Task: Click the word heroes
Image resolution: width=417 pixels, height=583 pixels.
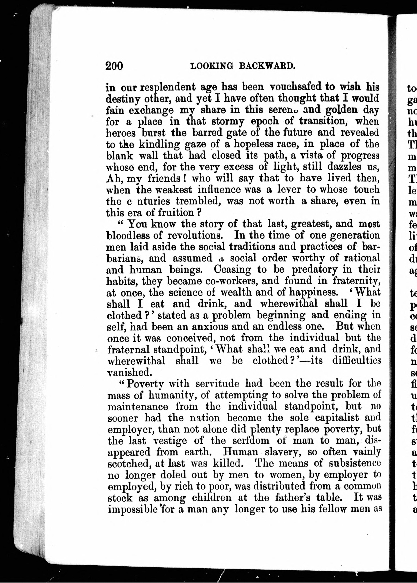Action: pos(121,133)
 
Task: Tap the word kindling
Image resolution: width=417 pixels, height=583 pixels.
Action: pos(160,144)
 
